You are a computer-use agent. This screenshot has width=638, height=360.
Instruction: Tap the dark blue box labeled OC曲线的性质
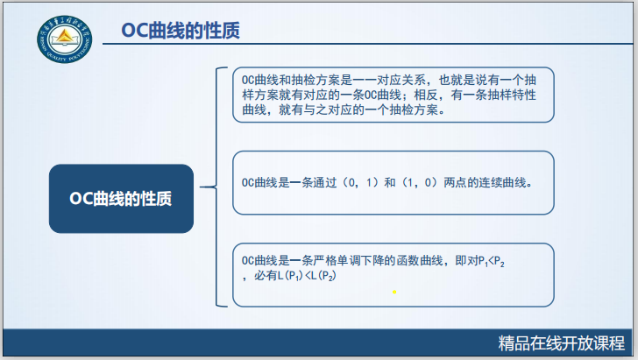120,199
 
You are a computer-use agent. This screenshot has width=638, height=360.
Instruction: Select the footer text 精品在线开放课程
561,342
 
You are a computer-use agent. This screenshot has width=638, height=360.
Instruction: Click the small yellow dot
394,292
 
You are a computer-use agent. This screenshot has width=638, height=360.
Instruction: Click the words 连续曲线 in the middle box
507,185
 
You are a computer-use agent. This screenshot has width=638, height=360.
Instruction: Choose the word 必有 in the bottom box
264,276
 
